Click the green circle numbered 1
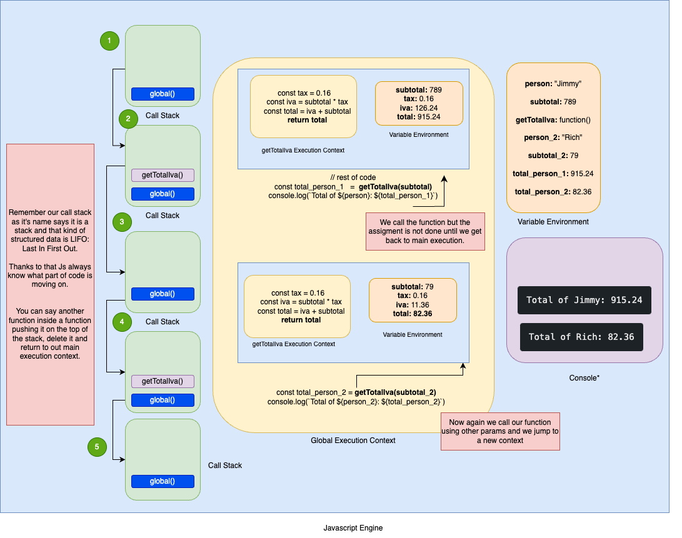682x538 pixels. pos(109,41)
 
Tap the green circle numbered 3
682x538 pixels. pos(122,222)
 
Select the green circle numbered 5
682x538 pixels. pos(97,446)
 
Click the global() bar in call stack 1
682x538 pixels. pos(163,94)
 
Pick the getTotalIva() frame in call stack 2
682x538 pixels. pos(163,175)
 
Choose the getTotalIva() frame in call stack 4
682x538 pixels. pos(163,381)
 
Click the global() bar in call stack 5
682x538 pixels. pos(163,481)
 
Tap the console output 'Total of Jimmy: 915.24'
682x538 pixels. pos(584,300)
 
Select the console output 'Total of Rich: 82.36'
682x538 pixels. pos(581,337)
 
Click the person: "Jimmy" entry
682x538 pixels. pos(553,83)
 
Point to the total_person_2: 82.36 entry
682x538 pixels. pos(553,191)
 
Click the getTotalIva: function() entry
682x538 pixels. pos(553,119)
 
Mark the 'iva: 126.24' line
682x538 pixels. pos(419,107)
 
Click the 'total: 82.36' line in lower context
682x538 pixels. pos(413,314)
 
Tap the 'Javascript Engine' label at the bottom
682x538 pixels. pos(353,528)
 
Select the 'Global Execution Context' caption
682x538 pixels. pos(353,441)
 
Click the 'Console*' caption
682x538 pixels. pos(584,378)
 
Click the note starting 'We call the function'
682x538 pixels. pos(424,231)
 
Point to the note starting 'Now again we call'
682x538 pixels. pos(500,431)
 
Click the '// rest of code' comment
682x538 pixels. pos(353,177)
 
